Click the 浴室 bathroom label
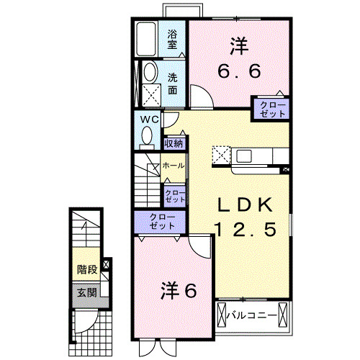pyautogui.click(x=173, y=39)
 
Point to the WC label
pyautogui.click(x=149, y=119)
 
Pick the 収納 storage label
pyautogui.click(x=174, y=143)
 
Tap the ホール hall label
pyautogui.click(x=173, y=166)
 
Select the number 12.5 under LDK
pyautogui.click(x=245, y=230)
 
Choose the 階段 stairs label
pyautogui.click(x=87, y=270)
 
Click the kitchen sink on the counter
pyautogui.click(x=243, y=156)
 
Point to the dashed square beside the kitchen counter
pyautogui.click(x=220, y=156)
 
